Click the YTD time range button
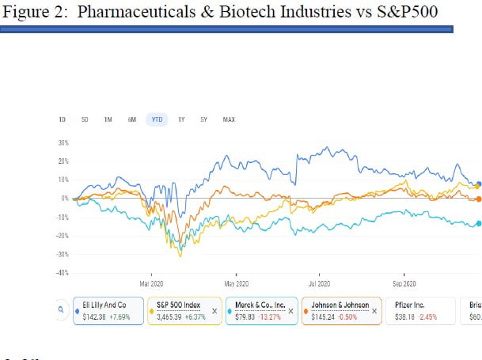(157, 119)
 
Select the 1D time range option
(62, 119)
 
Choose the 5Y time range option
(203, 119)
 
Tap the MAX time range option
(229, 119)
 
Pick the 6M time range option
(132, 119)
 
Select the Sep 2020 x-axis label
(404, 283)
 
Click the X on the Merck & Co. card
(290, 312)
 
